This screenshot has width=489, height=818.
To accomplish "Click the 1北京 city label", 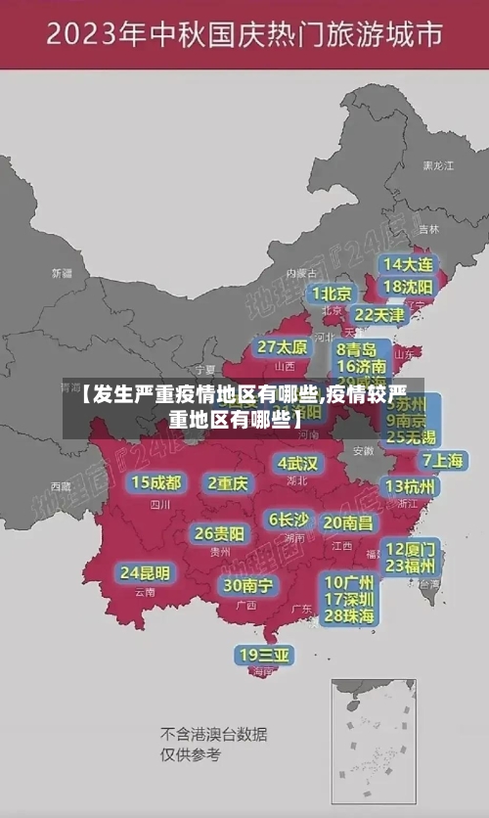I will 332,294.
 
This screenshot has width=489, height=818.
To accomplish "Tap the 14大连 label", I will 408,264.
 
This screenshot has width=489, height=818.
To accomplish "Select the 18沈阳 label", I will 408,287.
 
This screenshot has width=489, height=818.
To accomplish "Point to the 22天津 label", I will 378,315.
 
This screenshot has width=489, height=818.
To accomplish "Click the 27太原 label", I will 283,347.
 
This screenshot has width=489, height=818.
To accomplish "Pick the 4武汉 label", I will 297,463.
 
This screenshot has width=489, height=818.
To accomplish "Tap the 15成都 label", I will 156,482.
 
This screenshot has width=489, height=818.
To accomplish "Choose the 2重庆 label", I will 228,483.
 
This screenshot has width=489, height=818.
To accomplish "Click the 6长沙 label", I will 289,520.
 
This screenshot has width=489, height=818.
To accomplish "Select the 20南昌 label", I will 347,523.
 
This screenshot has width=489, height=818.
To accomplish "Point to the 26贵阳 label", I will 219,534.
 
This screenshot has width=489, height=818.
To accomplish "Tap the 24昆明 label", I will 145,572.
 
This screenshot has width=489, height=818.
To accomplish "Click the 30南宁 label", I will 248,585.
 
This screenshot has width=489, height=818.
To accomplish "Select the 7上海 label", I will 442,461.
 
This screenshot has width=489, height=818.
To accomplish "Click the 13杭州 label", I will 411,486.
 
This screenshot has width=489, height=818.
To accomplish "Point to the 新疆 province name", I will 62,273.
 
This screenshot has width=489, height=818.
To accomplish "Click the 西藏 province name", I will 61,485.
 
